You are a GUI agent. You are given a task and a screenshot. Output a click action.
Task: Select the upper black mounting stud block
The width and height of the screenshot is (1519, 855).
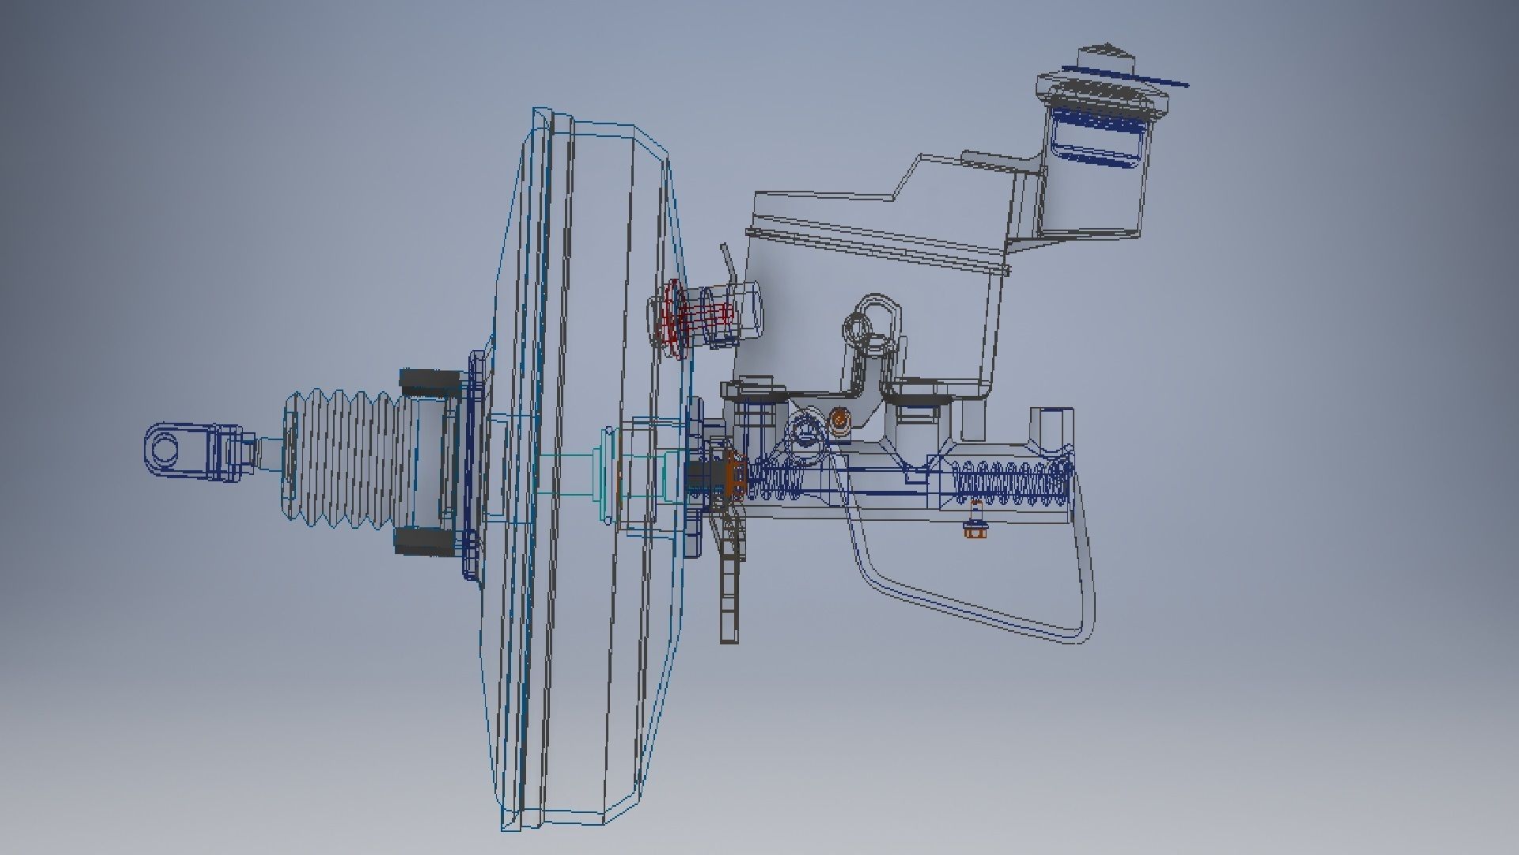(x=427, y=381)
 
